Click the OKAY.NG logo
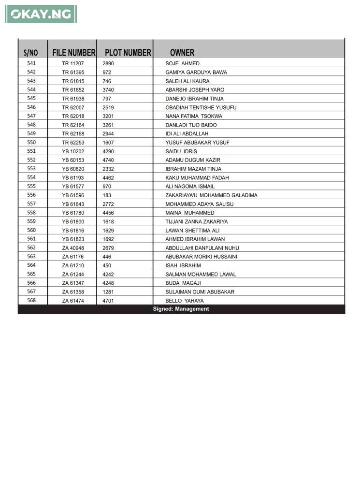(41, 14)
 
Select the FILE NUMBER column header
(73, 53)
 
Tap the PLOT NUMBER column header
(128, 53)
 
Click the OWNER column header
(182, 53)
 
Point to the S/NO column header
(30, 53)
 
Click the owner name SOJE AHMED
(182, 64)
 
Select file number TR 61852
(73, 90)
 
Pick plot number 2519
(108, 107)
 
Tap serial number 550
(31, 142)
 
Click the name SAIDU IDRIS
(181, 151)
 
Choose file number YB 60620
(73, 169)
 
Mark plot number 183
(107, 195)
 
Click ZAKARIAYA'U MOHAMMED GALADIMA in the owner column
(211, 195)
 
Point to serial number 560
(31, 230)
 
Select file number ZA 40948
(73, 248)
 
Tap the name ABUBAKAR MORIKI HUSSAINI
(201, 257)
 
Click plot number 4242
(108, 275)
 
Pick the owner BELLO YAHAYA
(185, 301)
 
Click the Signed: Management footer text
(181, 309)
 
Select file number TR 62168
(73, 134)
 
